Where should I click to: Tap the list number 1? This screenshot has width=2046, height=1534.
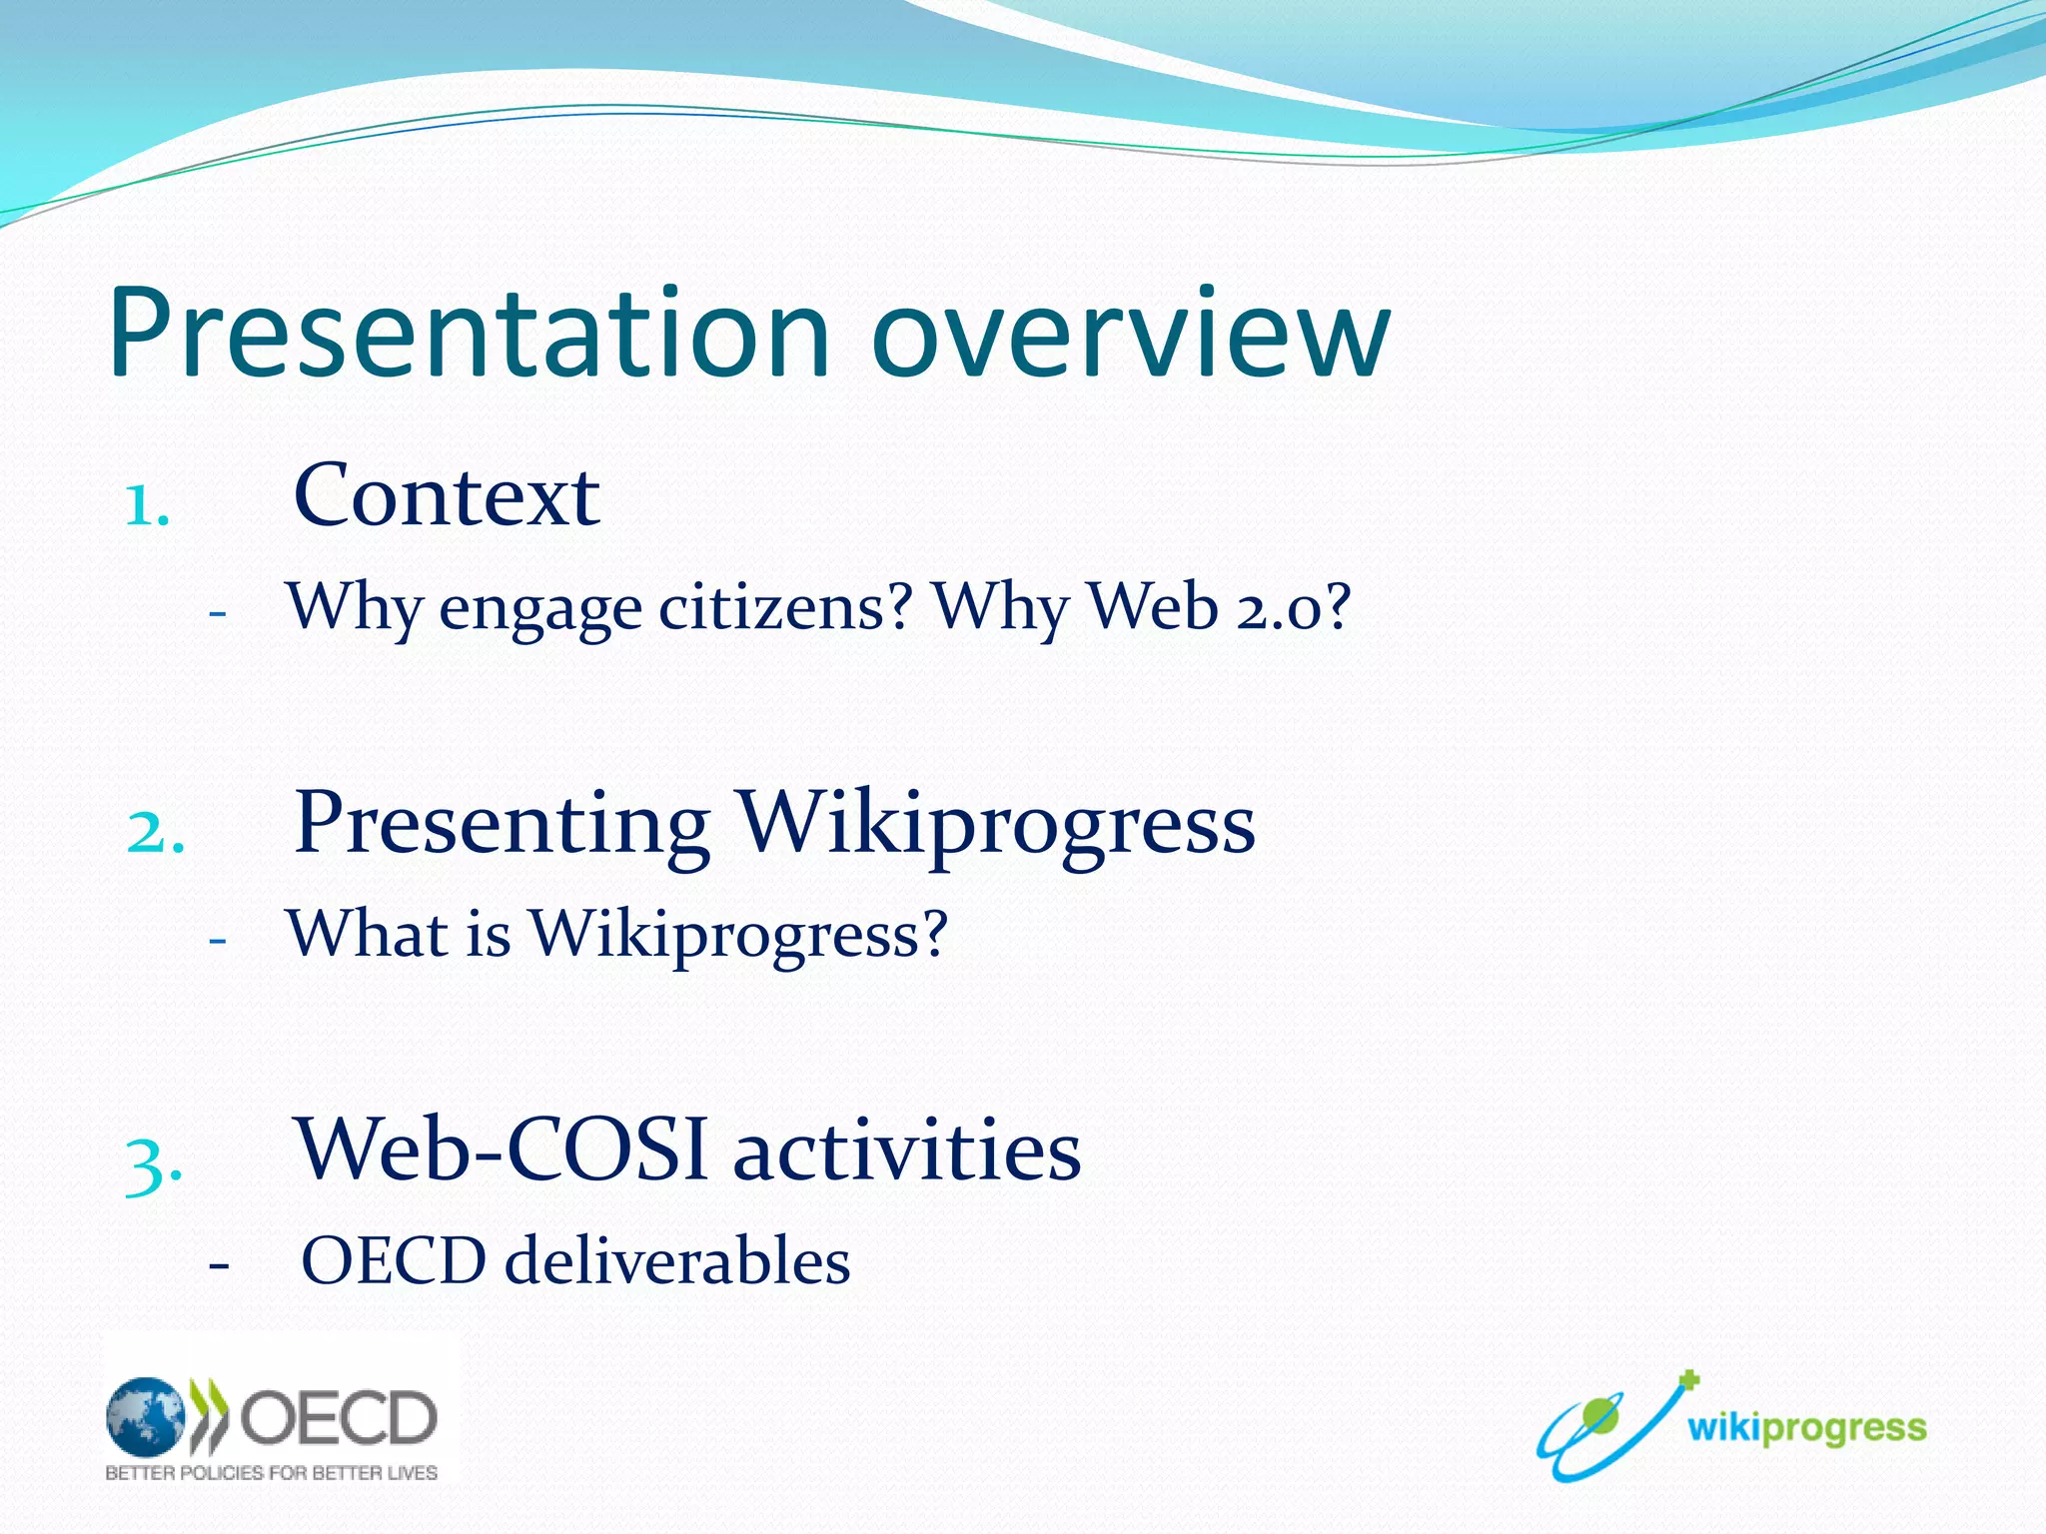click(x=147, y=505)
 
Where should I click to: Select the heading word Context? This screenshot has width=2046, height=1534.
click(x=447, y=495)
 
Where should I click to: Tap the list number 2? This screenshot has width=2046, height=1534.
click(x=156, y=831)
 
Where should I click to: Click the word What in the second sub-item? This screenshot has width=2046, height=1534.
click(x=367, y=933)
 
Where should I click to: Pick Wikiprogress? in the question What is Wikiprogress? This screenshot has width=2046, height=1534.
click(x=738, y=935)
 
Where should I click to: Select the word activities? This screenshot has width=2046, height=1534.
click(x=907, y=1149)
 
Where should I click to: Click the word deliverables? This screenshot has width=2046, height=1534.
click(x=677, y=1259)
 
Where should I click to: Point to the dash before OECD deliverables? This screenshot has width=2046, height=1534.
click(x=219, y=1264)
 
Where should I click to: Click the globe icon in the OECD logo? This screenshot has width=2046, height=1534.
click(x=146, y=1416)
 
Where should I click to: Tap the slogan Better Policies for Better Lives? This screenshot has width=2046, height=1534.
click(x=272, y=1473)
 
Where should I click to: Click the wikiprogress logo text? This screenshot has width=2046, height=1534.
click(x=1807, y=1429)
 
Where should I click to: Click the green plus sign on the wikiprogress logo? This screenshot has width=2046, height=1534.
click(x=1688, y=1381)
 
